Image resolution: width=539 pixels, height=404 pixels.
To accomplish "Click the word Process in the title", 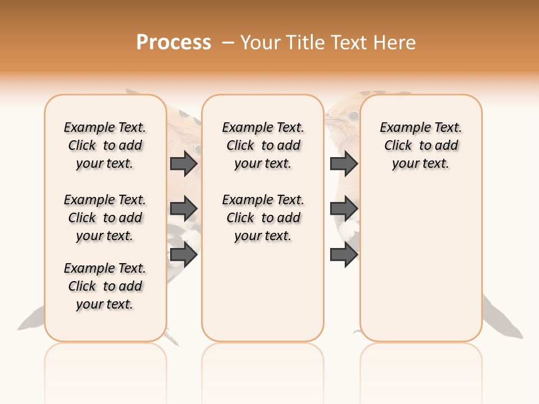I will click(x=173, y=42).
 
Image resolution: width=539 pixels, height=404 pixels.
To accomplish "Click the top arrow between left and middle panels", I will click(x=184, y=163).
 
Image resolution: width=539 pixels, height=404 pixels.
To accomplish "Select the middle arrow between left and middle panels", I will click(x=184, y=209).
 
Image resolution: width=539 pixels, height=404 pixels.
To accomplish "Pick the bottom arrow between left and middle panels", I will click(x=184, y=254).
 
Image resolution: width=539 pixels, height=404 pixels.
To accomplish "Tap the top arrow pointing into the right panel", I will click(x=344, y=163).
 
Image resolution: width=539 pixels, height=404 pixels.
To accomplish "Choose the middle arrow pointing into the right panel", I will click(x=344, y=209).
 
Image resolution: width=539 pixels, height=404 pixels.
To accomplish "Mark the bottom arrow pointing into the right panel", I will click(x=344, y=254).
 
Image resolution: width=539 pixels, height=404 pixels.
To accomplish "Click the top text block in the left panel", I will click(x=105, y=145).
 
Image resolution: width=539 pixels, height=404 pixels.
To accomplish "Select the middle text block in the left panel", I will click(x=105, y=218).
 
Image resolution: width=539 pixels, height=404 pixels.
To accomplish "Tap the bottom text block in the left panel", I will click(x=105, y=286).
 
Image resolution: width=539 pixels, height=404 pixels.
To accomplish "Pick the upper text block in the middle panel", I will click(x=263, y=145).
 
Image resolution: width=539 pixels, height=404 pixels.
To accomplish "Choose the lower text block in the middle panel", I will click(x=263, y=218).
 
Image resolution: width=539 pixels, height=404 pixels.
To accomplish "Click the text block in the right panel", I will click(x=421, y=145).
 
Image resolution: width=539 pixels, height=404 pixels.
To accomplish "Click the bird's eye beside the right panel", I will click(x=353, y=116).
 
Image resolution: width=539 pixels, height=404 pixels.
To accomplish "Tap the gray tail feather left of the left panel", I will click(x=31, y=320).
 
